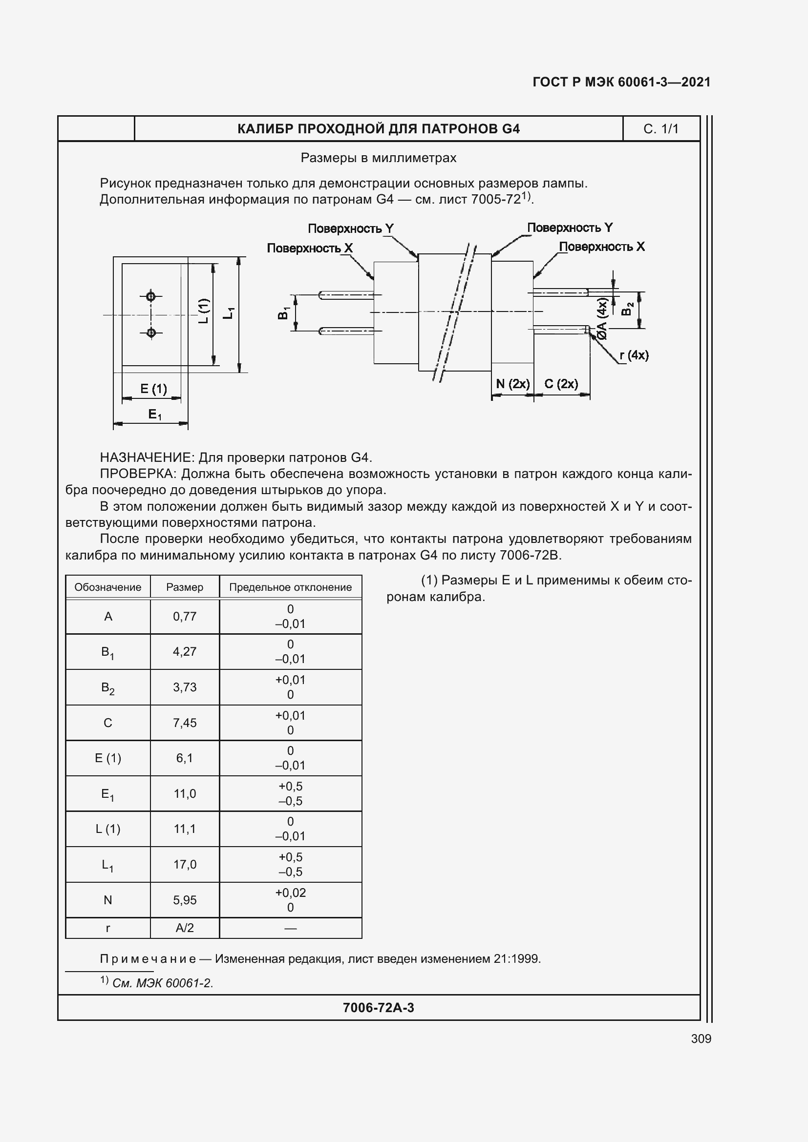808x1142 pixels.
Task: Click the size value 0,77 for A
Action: [185, 617]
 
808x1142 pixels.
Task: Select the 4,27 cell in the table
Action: [185, 652]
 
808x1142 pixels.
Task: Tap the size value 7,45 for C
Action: [185, 723]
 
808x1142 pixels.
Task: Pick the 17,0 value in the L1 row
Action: [185, 865]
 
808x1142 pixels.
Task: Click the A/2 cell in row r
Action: [185, 928]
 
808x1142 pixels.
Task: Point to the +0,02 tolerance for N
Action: [291, 893]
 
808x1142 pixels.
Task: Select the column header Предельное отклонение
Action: [291, 587]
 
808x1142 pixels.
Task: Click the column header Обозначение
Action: [107, 587]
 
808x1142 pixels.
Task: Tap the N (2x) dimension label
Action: [512, 384]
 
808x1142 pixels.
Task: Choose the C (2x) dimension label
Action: [561, 384]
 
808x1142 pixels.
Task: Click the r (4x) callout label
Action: [635, 355]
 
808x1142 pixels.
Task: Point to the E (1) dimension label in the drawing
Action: [153, 389]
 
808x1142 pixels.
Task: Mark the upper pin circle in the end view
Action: [151, 297]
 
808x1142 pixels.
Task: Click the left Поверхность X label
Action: [309, 248]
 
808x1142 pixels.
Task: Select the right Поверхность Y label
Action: [570, 228]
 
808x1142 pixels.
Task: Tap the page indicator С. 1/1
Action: [661, 129]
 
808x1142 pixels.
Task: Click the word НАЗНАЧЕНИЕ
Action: [147, 457]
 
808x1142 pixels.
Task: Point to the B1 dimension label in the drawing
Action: [284, 313]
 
